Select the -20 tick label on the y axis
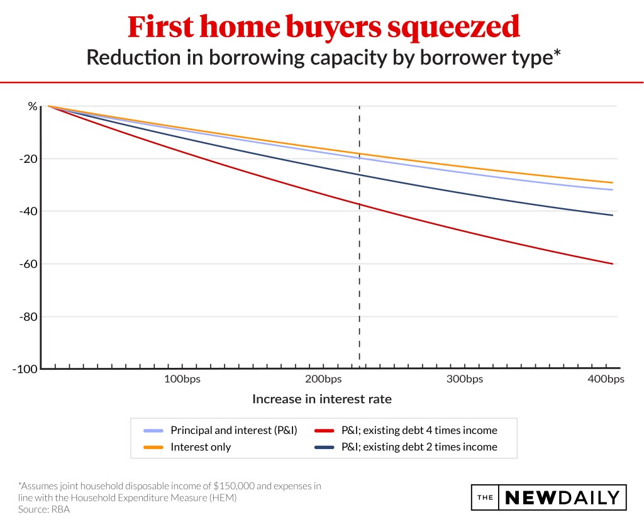click(28, 158)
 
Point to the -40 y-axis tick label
click(28, 211)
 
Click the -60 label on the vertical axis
click(28, 263)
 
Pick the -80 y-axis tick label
click(28, 316)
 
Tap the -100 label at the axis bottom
click(26, 369)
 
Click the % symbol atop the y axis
click(32, 106)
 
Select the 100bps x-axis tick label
click(182, 379)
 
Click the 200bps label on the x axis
click(323, 379)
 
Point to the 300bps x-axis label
click(465, 379)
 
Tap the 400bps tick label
click(606, 379)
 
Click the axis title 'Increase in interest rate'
click(322, 399)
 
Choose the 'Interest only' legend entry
click(201, 447)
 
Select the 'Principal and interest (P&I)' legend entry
click(233, 431)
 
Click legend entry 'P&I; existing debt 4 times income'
click(418, 431)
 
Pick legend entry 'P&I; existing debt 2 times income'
click(418, 447)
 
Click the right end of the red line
click(612, 263)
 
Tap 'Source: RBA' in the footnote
click(44, 509)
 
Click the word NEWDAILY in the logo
click(562, 497)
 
